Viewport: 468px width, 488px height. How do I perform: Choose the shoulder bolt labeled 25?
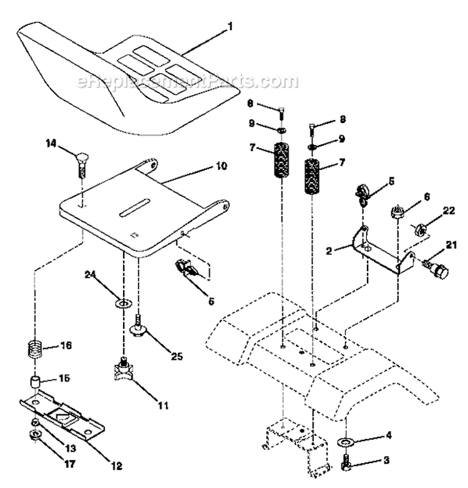click(x=137, y=324)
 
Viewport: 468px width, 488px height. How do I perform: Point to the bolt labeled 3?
click(x=347, y=465)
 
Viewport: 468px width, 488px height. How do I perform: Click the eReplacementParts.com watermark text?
click(x=187, y=82)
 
